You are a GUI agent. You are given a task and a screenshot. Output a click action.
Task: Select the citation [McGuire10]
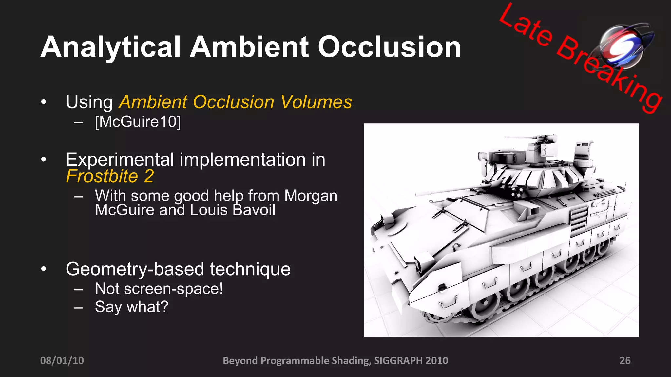(138, 122)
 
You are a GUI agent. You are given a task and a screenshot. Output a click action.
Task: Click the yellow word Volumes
(316, 102)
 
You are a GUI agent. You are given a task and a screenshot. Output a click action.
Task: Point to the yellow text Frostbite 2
(110, 176)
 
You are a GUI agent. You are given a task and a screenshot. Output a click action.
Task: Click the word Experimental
(120, 160)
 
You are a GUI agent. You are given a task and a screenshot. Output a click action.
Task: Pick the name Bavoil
(254, 210)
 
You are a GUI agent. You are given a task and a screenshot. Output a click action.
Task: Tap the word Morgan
(311, 196)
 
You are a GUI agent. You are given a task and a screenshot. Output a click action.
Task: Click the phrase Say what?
(131, 307)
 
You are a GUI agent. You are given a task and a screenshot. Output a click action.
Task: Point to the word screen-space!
(173, 289)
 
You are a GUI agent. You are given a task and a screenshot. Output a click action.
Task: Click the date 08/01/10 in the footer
(62, 360)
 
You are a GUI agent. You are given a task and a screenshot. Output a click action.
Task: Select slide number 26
(625, 360)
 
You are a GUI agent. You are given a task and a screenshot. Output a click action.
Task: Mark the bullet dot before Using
(44, 102)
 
